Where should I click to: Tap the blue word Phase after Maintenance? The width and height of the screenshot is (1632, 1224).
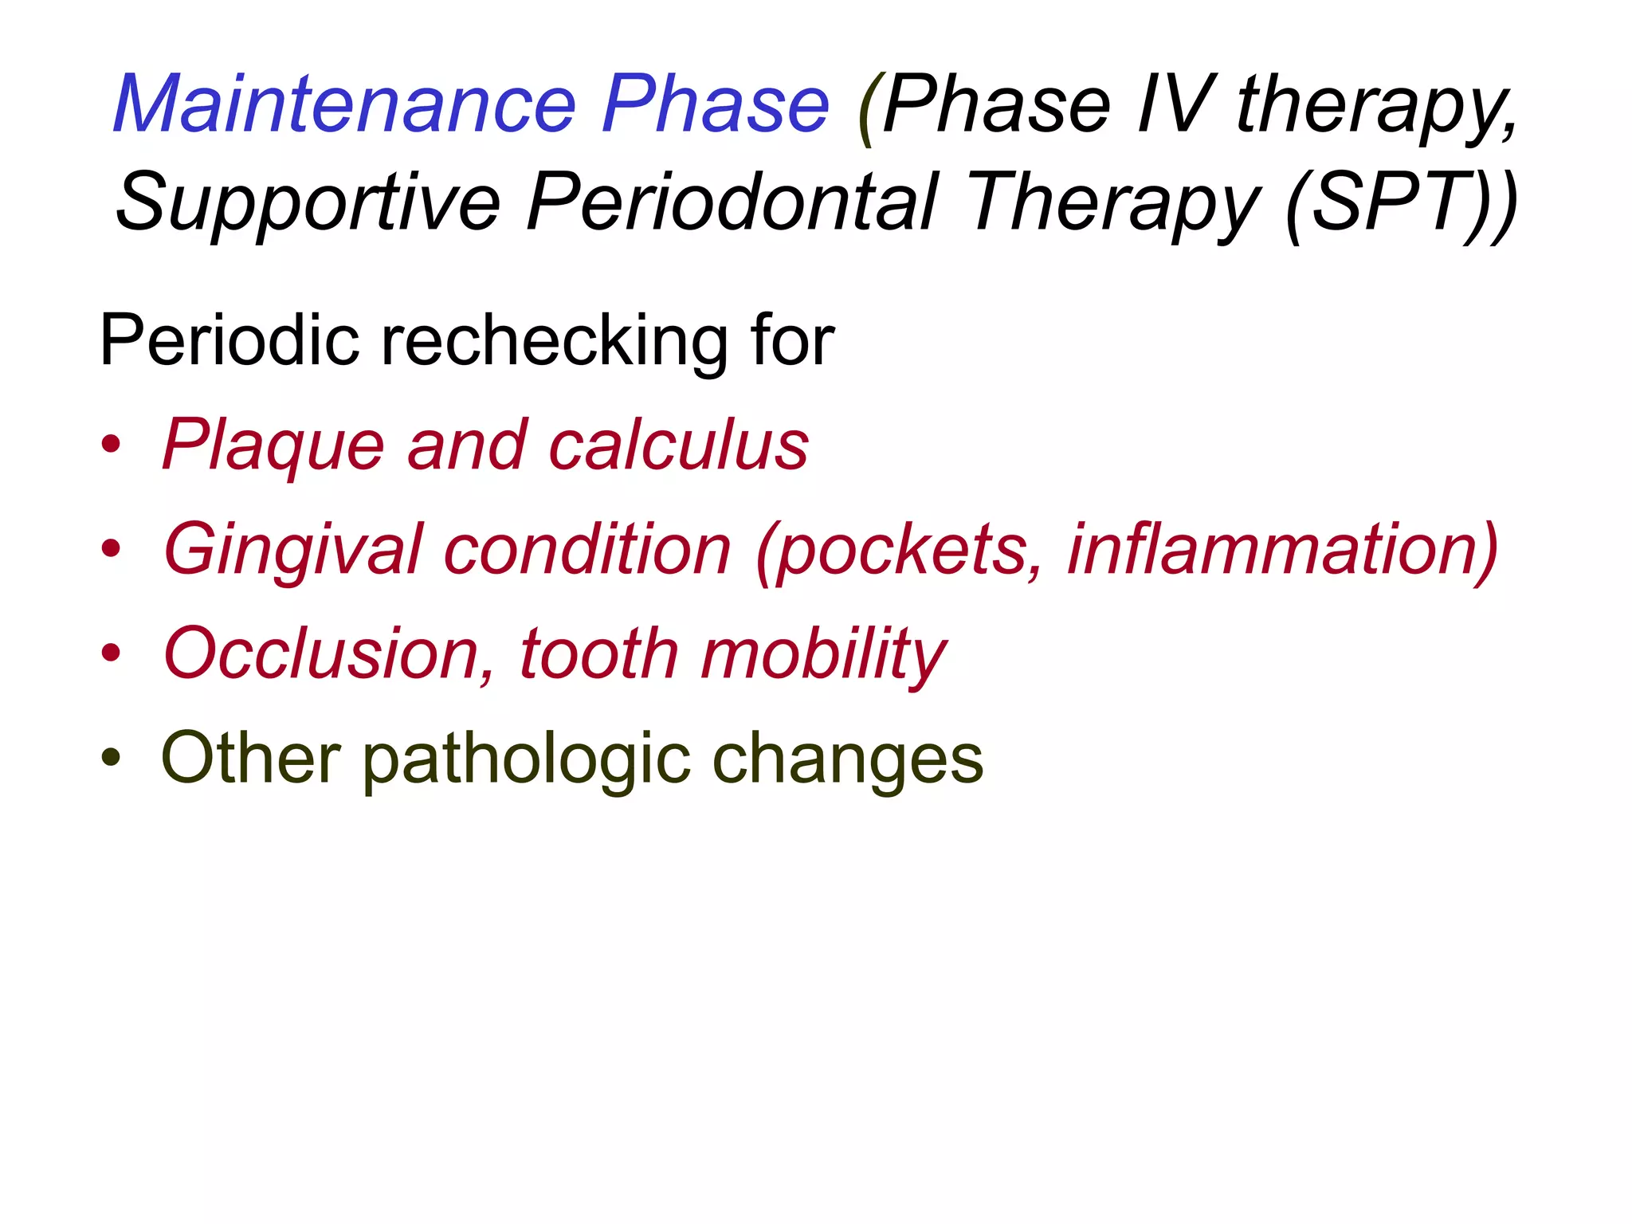pyautogui.click(x=715, y=105)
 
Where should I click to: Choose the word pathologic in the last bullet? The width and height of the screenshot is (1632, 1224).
pyautogui.click(x=527, y=759)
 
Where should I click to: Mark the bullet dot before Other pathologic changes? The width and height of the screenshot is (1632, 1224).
pyautogui.click(x=111, y=758)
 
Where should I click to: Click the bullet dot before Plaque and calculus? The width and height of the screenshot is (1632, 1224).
pyautogui.click(x=111, y=445)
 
